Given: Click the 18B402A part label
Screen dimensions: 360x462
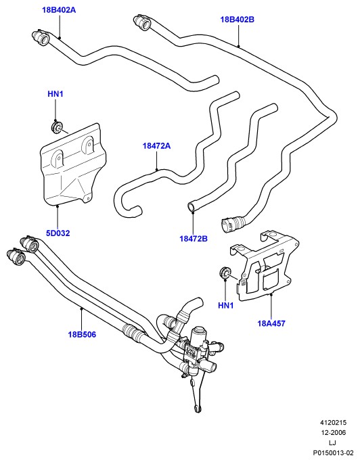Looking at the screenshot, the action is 59,10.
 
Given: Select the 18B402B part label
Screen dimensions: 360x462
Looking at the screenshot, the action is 237,20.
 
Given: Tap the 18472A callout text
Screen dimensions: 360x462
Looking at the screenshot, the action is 156,145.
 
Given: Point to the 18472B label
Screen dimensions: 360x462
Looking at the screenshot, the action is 194,238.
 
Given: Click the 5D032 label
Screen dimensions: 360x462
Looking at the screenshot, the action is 58,233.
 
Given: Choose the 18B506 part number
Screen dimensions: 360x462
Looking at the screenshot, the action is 82,334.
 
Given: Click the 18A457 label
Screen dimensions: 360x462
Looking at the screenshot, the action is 271,323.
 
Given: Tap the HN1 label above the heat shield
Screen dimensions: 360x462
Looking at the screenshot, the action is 55,94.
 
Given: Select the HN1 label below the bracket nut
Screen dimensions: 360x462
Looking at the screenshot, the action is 225,306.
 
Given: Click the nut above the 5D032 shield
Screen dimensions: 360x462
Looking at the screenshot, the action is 56,127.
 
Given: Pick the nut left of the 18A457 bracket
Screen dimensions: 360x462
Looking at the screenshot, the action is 225,273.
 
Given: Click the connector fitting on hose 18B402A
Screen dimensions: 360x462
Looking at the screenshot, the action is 41,37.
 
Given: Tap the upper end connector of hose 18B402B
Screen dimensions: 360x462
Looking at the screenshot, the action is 142,22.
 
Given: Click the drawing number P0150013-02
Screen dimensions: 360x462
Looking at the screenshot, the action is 333,453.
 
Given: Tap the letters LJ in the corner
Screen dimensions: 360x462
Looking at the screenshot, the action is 333,442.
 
